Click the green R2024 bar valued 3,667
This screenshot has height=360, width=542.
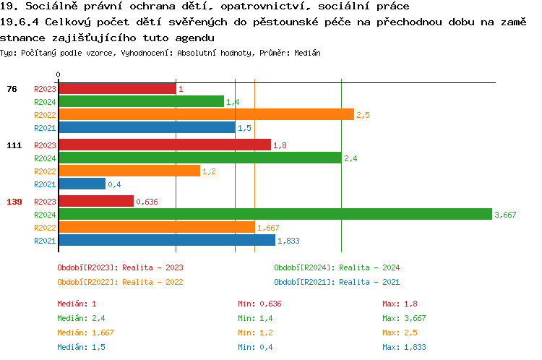[275, 214]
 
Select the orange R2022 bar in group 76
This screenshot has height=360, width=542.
[206, 114]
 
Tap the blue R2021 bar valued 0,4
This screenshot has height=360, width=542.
[82, 184]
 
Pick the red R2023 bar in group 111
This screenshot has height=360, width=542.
[164, 145]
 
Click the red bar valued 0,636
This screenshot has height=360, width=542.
[95, 201]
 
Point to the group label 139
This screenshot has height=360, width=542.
[14, 201]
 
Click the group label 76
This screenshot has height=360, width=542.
[12, 89]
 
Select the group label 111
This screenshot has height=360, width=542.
[14, 145]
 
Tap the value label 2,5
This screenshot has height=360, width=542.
[363, 115]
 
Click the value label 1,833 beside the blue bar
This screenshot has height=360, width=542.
[289, 241]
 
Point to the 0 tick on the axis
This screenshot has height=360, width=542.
[58, 74]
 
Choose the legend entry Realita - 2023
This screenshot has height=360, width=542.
[120, 267]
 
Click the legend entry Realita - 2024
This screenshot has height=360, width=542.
[337, 267]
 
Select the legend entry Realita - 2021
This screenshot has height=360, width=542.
[337, 282]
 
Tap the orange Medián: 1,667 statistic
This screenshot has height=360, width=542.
[85, 333]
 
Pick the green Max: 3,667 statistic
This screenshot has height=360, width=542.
[405, 318]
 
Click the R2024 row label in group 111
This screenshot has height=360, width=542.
[45, 158]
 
